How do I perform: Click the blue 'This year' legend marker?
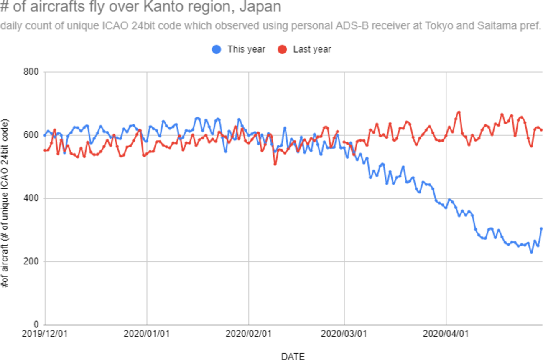point(217,50)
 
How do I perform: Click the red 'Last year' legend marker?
point(283,50)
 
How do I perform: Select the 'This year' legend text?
point(246,49)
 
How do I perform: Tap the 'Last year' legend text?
point(312,49)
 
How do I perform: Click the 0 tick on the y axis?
point(36,325)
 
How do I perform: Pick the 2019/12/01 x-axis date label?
point(45,335)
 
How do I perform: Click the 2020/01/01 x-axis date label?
point(147,335)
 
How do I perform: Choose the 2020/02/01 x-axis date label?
point(249,335)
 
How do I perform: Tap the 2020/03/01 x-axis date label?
point(344,335)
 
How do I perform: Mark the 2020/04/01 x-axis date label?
point(446,335)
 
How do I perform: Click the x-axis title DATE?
point(293,356)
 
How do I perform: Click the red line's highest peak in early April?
point(459,112)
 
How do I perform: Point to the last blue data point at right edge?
point(541,228)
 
